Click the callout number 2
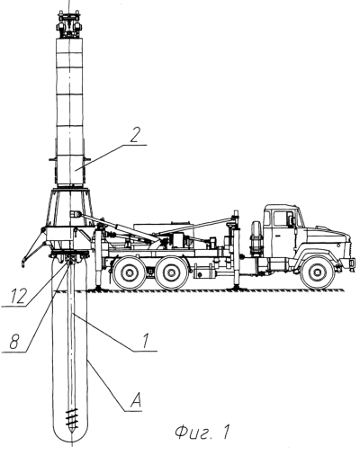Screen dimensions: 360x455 (135, 136)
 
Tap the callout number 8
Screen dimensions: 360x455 (14, 342)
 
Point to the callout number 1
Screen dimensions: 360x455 (146, 341)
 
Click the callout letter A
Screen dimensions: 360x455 (135, 401)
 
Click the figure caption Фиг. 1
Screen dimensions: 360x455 (202, 433)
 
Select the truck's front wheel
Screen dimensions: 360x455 (317, 272)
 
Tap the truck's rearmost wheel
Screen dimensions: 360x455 (129, 272)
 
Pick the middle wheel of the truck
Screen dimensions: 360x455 (171, 272)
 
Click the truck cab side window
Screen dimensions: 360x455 (283, 219)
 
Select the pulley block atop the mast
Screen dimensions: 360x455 (69, 24)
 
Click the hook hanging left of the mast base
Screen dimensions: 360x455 (22, 263)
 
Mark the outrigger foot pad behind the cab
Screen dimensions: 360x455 (236, 288)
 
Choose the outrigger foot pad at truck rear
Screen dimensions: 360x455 (98, 288)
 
